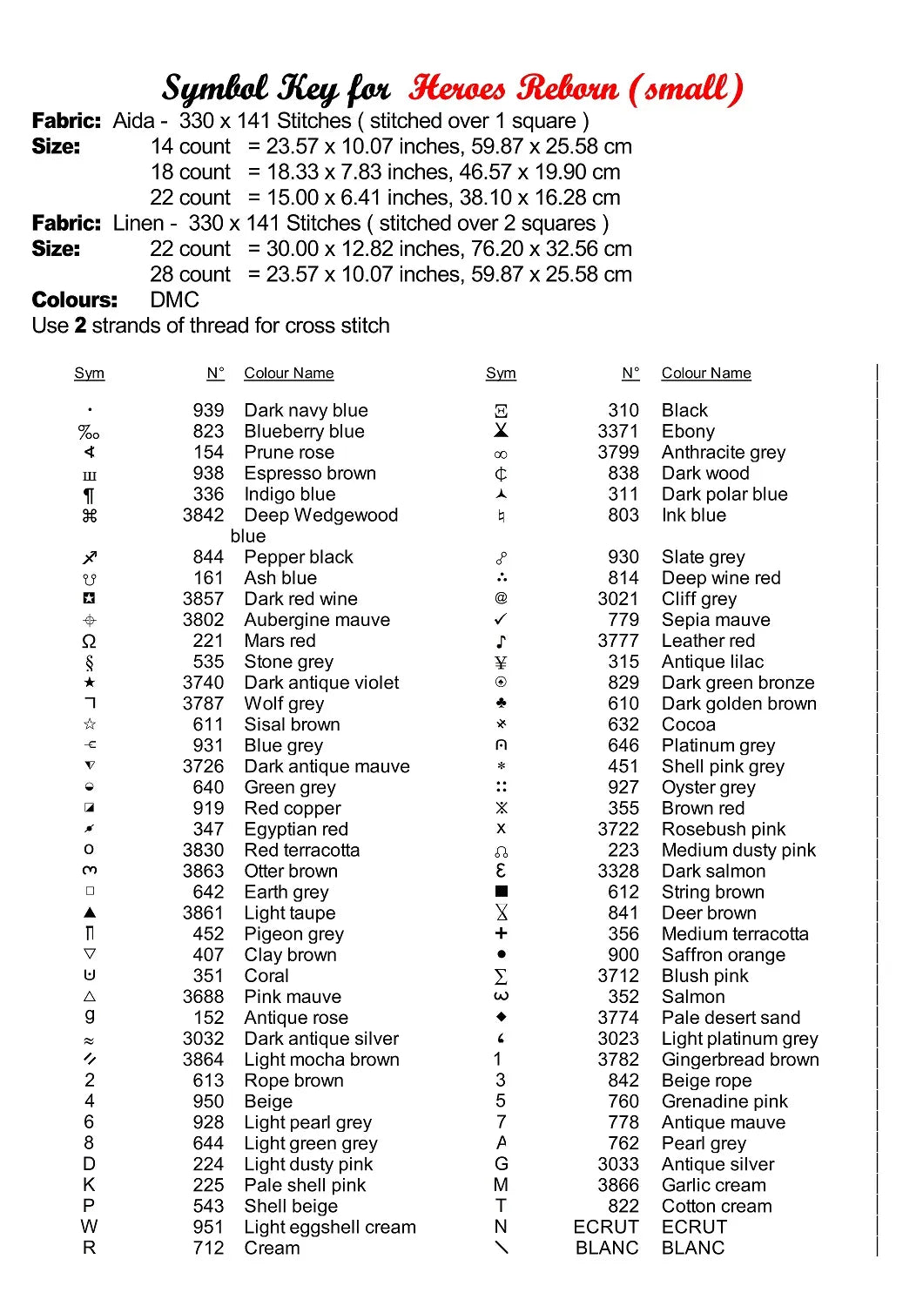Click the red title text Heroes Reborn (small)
[576, 89]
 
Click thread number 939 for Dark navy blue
[208, 410]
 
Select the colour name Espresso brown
[310, 473]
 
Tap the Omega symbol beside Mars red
[89, 641]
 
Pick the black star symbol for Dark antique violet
[90, 683]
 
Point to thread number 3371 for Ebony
[618, 431]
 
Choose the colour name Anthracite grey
[723, 452]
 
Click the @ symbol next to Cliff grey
[501, 598]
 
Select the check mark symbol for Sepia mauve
[501, 619]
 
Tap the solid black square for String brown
[501, 892]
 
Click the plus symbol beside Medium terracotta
[501, 933]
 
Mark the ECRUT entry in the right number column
[606, 1227]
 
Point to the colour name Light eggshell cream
[330, 1227]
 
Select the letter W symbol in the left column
[89, 1227]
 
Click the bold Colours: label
[75, 300]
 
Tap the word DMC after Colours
[174, 300]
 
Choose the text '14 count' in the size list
[191, 146]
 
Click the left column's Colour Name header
[288, 374]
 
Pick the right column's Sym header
[501, 374]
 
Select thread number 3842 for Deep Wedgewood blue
[203, 515]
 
